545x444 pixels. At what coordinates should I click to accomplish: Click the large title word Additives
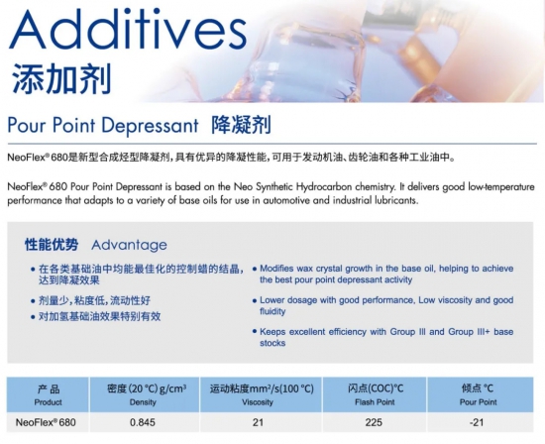(128, 30)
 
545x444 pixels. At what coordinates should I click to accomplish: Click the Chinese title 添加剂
(61, 79)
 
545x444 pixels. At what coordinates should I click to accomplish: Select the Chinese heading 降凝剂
(241, 125)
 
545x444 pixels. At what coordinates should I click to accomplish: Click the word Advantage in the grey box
(129, 245)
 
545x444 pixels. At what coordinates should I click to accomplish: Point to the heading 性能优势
(52, 245)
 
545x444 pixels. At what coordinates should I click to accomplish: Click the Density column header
(143, 402)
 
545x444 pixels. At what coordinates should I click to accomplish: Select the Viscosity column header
(258, 402)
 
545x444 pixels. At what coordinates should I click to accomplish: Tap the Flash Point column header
(375, 402)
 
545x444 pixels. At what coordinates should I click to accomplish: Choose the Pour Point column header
(479, 402)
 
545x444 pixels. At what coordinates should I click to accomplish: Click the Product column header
(48, 402)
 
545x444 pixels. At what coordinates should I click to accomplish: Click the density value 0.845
(143, 422)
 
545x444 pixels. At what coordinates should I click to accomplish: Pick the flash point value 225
(374, 422)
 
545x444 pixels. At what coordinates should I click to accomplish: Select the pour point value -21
(477, 422)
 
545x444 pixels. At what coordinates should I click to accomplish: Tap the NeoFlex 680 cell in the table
(46, 422)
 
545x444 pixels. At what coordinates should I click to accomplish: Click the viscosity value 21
(258, 422)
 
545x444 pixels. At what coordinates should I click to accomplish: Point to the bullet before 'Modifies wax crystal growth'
(255, 269)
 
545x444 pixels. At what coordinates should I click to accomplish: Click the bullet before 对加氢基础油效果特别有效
(33, 317)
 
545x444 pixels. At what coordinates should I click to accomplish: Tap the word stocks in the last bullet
(272, 343)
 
